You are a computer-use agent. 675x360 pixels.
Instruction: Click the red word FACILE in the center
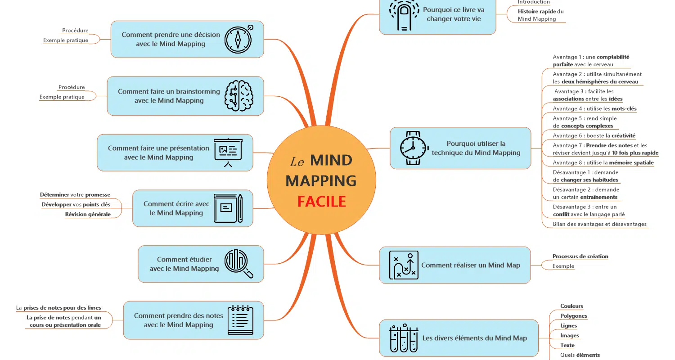click(322, 202)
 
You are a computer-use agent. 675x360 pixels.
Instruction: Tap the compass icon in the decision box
click(238, 39)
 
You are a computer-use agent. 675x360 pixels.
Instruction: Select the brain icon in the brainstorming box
click(238, 96)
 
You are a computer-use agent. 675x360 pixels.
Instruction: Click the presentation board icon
click(228, 153)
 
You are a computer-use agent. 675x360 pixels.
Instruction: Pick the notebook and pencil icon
click(228, 208)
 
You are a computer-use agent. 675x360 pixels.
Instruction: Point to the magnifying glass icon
click(238, 264)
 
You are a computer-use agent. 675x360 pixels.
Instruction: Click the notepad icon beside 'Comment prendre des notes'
click(240, 320)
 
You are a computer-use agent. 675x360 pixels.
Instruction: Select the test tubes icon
click(404, 338)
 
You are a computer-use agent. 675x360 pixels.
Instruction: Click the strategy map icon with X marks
click(404, 265)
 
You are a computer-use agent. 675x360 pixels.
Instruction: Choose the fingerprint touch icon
click(404, 15)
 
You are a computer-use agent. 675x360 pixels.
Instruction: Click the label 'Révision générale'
click(88, 214)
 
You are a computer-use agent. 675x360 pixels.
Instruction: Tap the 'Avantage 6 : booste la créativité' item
click(594, 135)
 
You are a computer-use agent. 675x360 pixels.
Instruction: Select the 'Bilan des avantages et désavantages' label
click(600, 224)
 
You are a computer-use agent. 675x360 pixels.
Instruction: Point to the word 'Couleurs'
click(571, 306)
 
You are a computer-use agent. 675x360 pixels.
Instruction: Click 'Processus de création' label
click(580, 256)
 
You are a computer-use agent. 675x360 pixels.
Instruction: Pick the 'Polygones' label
click(574, 316)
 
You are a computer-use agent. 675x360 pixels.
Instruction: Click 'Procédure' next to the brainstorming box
click(72, 87)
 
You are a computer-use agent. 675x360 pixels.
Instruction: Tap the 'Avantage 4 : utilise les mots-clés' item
click(594, 108)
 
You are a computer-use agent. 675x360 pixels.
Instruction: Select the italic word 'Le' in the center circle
click(297, 162)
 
